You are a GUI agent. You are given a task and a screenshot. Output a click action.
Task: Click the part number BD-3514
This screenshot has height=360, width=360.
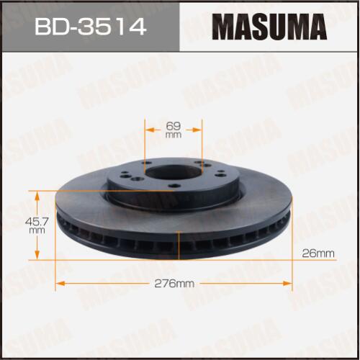pos(90,27)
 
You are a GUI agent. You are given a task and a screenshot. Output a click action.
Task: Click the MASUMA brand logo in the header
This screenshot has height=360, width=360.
pos(269,27)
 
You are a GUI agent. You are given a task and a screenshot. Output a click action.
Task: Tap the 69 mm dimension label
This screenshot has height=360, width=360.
pos(174,130)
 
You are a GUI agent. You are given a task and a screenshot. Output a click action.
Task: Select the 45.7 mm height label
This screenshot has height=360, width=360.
pos(37,226)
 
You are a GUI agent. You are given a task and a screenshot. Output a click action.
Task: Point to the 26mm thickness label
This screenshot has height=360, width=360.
pos(318,253)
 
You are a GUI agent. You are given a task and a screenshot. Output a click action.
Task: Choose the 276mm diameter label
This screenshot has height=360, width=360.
pos(174,284)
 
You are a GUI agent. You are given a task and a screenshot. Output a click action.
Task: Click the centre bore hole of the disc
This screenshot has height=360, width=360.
pos(174,172)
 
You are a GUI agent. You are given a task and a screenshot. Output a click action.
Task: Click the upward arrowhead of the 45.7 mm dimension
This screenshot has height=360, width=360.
pos(37,196)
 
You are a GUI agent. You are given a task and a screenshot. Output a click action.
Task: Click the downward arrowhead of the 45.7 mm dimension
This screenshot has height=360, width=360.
pos(37,255)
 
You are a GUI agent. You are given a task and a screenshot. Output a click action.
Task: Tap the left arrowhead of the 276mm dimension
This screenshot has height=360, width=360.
pos(60,284)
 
